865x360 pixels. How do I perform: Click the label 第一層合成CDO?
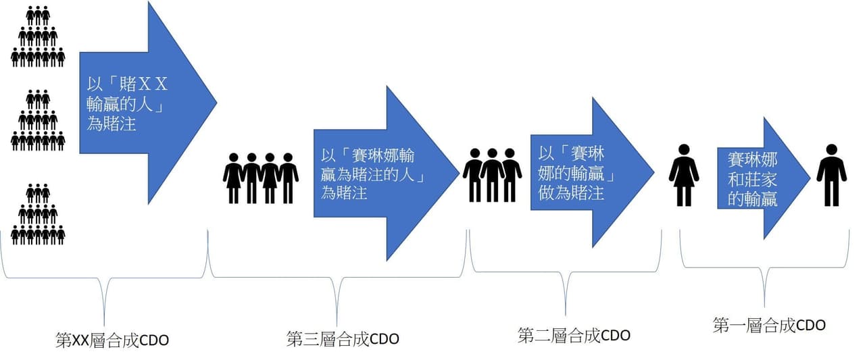tap(769, 326)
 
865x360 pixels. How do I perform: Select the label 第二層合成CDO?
tap(574, 335)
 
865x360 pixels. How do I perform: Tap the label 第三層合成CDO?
tap(343, 339)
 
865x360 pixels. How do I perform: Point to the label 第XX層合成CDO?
tap(112, 340)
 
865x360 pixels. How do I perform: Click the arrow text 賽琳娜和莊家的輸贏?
tap(752, 180)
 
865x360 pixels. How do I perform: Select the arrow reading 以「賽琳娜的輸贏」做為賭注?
tap(593, 172)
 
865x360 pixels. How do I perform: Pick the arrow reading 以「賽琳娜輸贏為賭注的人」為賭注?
tap(386, 174)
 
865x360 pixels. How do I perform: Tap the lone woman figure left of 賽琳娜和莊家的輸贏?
tap(684, 175)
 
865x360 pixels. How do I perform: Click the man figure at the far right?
tap(831, 175)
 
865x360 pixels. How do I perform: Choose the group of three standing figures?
tap(493, 175)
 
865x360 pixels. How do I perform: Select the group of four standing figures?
tap(261, 178)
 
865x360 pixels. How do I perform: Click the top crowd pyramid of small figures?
tap(38, 36)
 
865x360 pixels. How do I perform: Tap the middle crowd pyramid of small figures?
tap(38, 120)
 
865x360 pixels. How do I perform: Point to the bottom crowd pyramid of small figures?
tap(38, 215)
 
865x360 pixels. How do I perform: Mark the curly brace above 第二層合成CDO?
tap(566, 272)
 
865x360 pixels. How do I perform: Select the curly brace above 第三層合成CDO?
tap(337, 277)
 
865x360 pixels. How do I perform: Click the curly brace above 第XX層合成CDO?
tap(104, 278)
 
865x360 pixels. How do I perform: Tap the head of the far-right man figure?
tap(831, 150)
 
